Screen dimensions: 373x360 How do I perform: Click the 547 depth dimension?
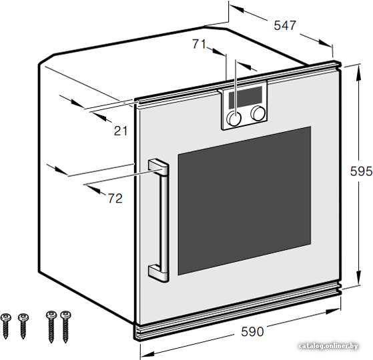[285, 25]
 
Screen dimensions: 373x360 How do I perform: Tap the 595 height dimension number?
[361, 171]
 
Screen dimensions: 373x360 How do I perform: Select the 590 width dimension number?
[252, 331]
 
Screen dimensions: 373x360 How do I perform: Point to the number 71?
[199, 44]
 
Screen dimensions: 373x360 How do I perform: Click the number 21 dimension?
[121, 131]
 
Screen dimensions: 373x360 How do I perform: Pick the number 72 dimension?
[115, 198]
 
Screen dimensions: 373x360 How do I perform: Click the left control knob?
[234, 118]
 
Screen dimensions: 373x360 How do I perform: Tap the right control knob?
[258, 113]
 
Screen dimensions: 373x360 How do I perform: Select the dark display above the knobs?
[246, 97]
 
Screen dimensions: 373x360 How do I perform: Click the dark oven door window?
[244, 201]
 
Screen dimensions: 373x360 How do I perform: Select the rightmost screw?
[65, 327]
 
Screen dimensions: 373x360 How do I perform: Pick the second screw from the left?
[23, 326]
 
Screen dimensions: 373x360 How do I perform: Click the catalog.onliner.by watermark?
[328, 346]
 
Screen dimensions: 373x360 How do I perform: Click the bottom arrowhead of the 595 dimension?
[359, 278]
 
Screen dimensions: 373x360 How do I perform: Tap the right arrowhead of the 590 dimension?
[334, 311]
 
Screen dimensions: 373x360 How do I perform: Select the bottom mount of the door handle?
[158, 273]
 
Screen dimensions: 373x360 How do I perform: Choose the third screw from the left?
[51, 327]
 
